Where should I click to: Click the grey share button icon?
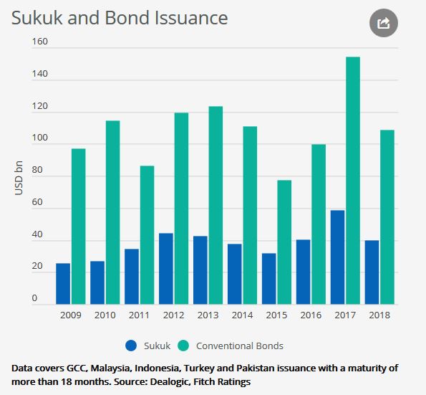[384, 23]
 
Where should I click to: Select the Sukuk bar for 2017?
[337, 257]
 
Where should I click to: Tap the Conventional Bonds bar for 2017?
[353, 181]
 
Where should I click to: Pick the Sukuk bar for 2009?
[63, 284]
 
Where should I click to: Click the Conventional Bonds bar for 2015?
[284, 242]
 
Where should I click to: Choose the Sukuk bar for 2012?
[166, 269]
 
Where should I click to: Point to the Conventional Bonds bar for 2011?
[147, 235]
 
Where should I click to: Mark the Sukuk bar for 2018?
[372, 272]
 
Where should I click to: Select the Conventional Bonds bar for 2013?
[216, 205]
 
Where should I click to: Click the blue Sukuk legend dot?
[131, 346]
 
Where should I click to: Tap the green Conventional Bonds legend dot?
[183, 346]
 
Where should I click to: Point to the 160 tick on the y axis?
[39, 42]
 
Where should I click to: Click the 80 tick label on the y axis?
[37, 170]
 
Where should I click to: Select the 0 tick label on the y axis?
[34, 298]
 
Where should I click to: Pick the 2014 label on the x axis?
[242, 315]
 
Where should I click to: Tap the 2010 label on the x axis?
[105, 315]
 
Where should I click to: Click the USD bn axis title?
[19, 178]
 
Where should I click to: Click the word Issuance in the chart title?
[191, 18]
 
